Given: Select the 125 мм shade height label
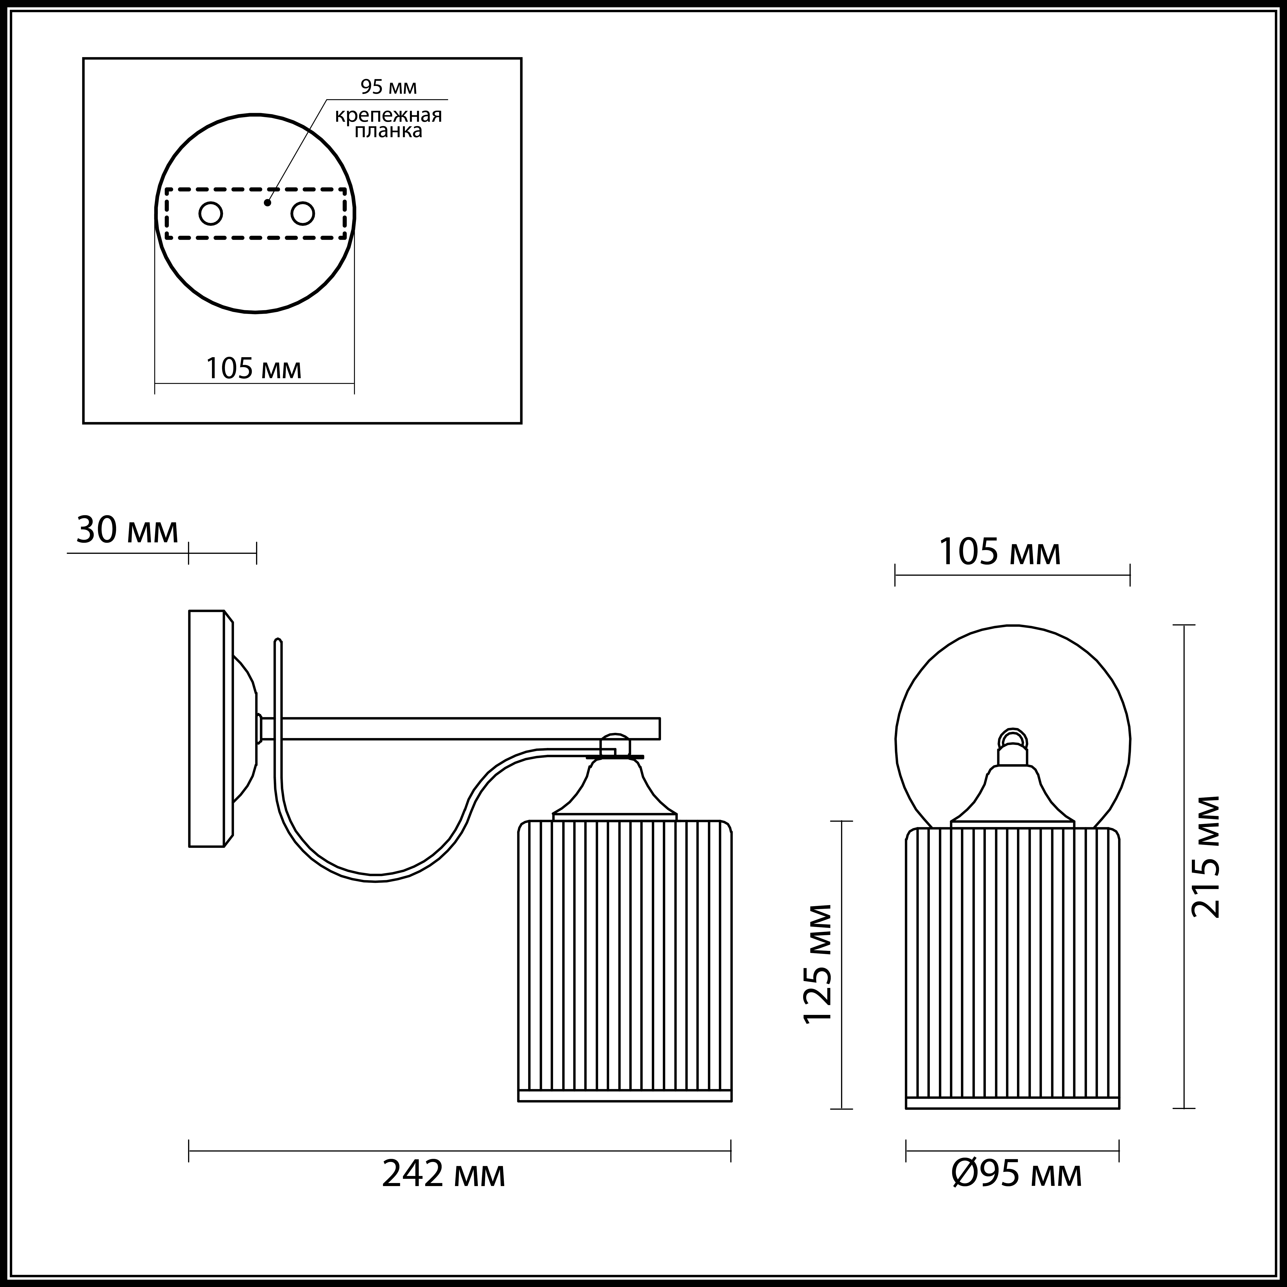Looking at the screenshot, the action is point(817,973).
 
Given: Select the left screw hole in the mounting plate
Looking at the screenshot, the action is point(211,214).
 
